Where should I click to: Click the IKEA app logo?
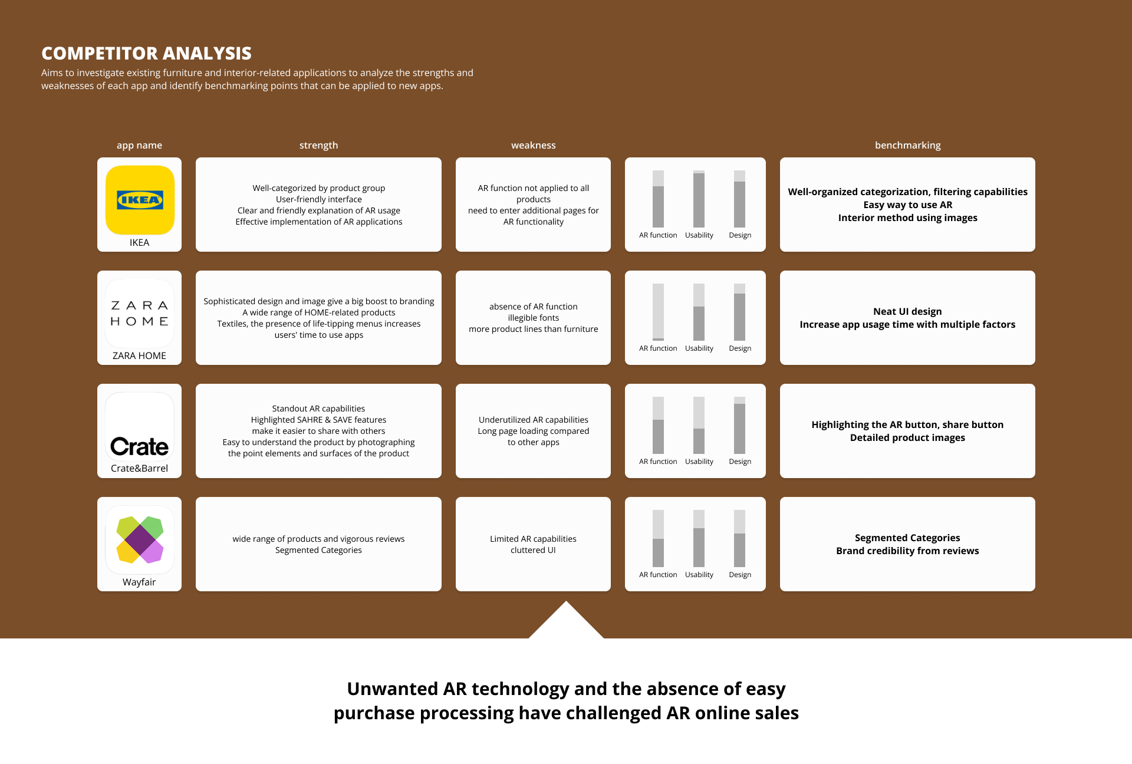tap(140, 200)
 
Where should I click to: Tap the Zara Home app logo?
tap(140, 313)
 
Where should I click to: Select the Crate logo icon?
tap(140, 426)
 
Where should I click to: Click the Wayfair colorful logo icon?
tap(140, 539)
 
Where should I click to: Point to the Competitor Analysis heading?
tap(146, 54)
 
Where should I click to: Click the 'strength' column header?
tap(318, 145)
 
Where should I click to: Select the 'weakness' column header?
tap(533, 145)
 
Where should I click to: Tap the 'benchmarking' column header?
tap(907, 145)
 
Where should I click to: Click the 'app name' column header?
tap(139, 145)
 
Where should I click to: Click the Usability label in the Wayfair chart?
tap(699, 575)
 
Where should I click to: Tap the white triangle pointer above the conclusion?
tap(566, 622)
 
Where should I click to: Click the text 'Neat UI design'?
tap(907, 311)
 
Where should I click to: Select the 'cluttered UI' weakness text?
tap(533, 550)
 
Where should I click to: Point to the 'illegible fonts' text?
tap(533, 318)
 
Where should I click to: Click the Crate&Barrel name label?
tap(139, 468)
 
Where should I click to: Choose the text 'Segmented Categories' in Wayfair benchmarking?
tap(907, 538)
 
